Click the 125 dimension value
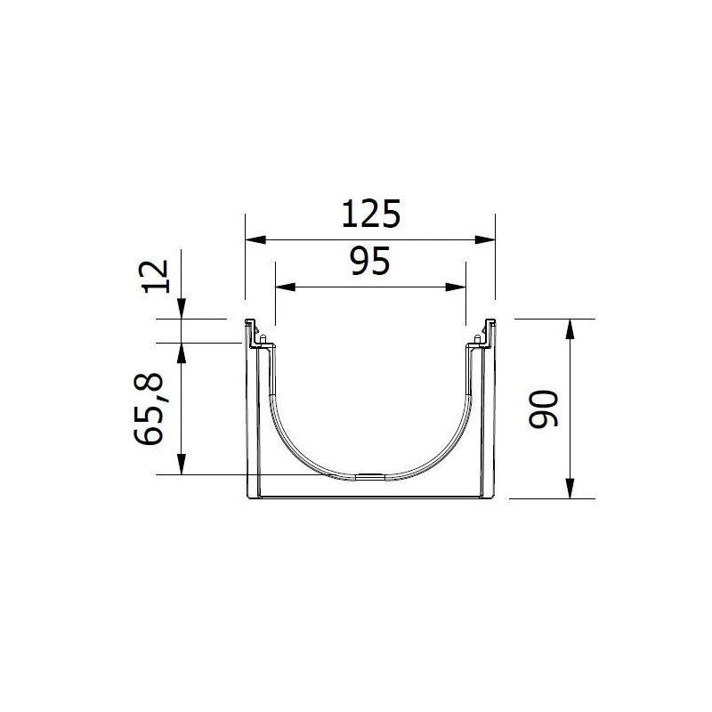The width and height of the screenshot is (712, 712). click(369, 215)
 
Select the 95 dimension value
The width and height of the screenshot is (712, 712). click(369, 263)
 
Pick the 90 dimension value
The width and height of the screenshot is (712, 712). click(544, 409)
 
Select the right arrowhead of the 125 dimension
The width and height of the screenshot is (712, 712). click(485, 239)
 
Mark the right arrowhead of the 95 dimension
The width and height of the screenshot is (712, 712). click(456, 287)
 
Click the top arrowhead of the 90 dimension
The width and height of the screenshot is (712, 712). click(570, 328)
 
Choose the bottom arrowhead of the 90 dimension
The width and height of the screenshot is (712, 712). click(570, 490)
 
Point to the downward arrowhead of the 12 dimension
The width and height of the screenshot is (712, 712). click(181, 309)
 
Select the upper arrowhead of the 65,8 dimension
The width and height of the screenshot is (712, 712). click(181, 352)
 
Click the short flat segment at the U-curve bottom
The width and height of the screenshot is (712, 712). click(370, 477)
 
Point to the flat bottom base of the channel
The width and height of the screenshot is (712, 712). click(370, 498)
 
